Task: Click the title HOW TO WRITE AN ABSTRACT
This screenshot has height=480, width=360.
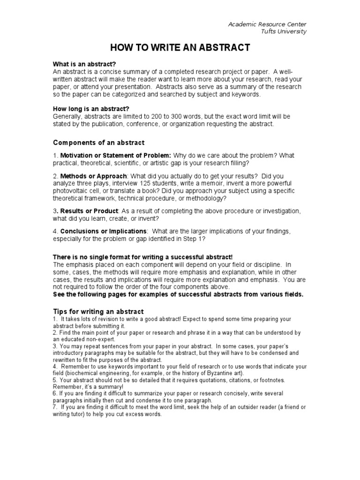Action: (180, 47)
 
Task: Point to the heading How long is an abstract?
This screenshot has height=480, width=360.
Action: (91, 108)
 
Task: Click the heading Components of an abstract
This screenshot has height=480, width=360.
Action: (99, 142)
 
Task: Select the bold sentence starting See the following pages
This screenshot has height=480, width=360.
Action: (178, 294)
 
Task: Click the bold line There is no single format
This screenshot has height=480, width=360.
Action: (142, 257)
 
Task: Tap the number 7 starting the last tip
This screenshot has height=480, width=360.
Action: (54, 407)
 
